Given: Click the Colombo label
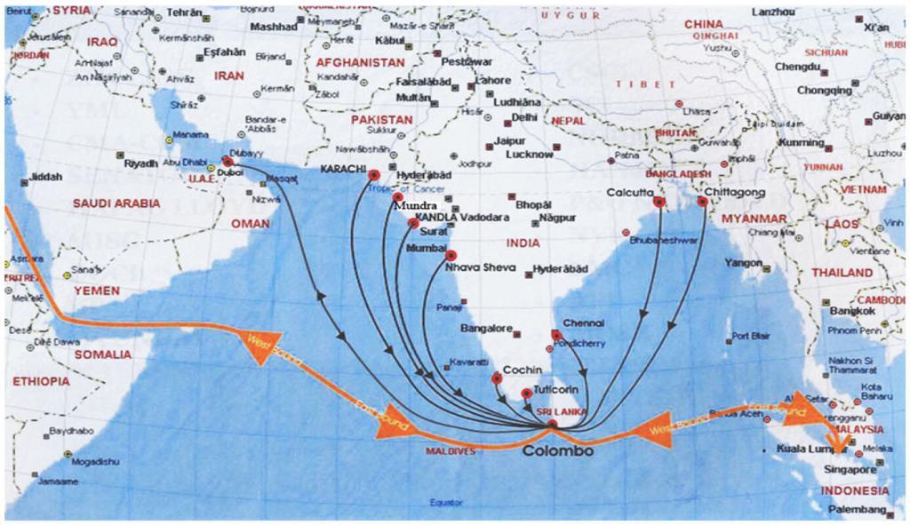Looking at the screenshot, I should click(557, 451).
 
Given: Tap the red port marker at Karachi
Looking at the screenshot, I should click(374, 175).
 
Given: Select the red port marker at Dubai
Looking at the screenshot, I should click(227, 163).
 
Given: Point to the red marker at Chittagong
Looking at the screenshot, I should click(702, 203).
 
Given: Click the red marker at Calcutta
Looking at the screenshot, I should click(659, 203).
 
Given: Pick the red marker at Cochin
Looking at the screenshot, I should click(497, 379).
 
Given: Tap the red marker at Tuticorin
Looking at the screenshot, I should click(527, 393).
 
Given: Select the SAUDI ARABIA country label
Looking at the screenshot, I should click(116, 203).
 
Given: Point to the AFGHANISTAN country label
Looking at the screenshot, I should click(360, 63).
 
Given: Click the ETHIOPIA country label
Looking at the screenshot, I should click(41, 381).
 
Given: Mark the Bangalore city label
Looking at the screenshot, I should click(484, 329).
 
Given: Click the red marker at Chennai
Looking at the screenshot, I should click(556, 335).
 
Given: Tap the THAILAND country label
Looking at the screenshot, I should click(842, 273).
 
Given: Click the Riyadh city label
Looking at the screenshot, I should click(140, 164).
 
